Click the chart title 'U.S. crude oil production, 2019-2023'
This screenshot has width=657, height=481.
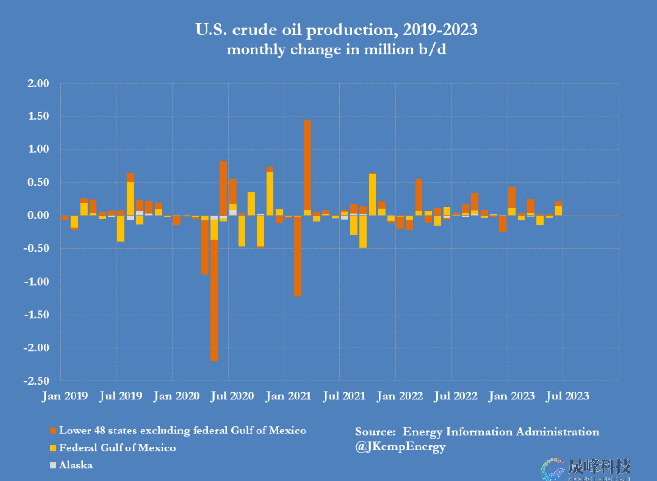[336, 30]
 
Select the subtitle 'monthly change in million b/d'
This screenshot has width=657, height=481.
[336, 49]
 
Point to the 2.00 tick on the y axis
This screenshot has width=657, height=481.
[38, 83]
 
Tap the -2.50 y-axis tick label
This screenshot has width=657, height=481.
[36, 381]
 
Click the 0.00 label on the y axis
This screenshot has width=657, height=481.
[38, 215]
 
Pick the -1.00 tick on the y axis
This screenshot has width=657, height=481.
[36, 282]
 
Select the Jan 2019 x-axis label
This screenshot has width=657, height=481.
[65, 396]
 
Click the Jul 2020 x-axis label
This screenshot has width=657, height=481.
[232, 396]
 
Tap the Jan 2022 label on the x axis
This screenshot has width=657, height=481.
[400, 396]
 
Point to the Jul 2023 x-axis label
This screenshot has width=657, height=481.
[568, 396]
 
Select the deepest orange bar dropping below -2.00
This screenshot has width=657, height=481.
[214, 298]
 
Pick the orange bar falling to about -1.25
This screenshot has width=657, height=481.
[298, 256]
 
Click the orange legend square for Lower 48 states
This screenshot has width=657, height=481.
[53, 431]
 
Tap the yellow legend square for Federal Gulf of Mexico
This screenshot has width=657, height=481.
[53, 448]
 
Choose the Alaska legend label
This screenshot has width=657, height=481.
[76, 465]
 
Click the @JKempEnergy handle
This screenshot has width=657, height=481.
[400, 447]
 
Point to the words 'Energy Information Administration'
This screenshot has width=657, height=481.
[501, 432]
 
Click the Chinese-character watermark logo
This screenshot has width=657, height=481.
[587, 468]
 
